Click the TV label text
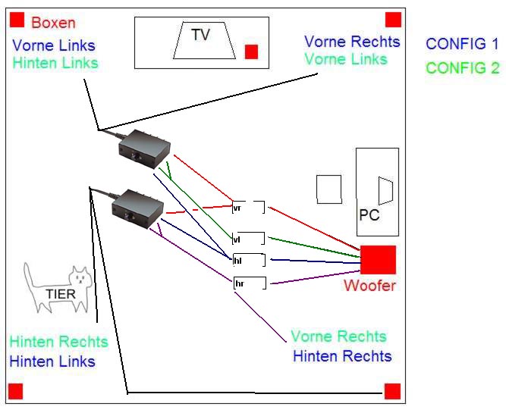click(x=200, y=34)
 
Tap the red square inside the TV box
click(x=251, y=52)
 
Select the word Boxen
click(x=53, y=23)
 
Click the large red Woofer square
click(x=378, y=260)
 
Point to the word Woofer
click(x=369, y=286)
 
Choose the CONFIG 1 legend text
click(x=462, y=44)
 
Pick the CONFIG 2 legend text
click(x=462, y=68)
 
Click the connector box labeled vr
click(x=248, y=207)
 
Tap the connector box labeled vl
click(x=248, y=239)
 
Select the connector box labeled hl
click(x=248, y=260)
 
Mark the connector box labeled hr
click(x=250, y=283)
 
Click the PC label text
click(x=369, y=215)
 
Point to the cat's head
click(x=80, y=279)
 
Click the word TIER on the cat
click(x=61, y=294)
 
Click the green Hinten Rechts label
click(x=58, y=342)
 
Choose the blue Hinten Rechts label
click(x=342, y=356)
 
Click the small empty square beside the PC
click(x=328, y=189)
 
